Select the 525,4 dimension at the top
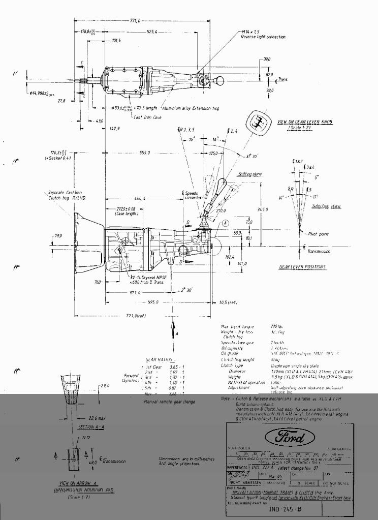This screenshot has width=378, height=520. point(152,32)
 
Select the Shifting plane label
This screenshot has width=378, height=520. point(249,174)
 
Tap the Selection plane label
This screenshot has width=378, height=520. point(327,206)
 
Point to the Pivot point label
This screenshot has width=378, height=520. point(319,234)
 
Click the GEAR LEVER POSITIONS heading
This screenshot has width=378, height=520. point(302,267)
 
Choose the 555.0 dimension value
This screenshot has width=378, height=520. point(145,152)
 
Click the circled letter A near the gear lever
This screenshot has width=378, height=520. point(226,223)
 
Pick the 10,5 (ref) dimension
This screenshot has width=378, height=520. point(228,302)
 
